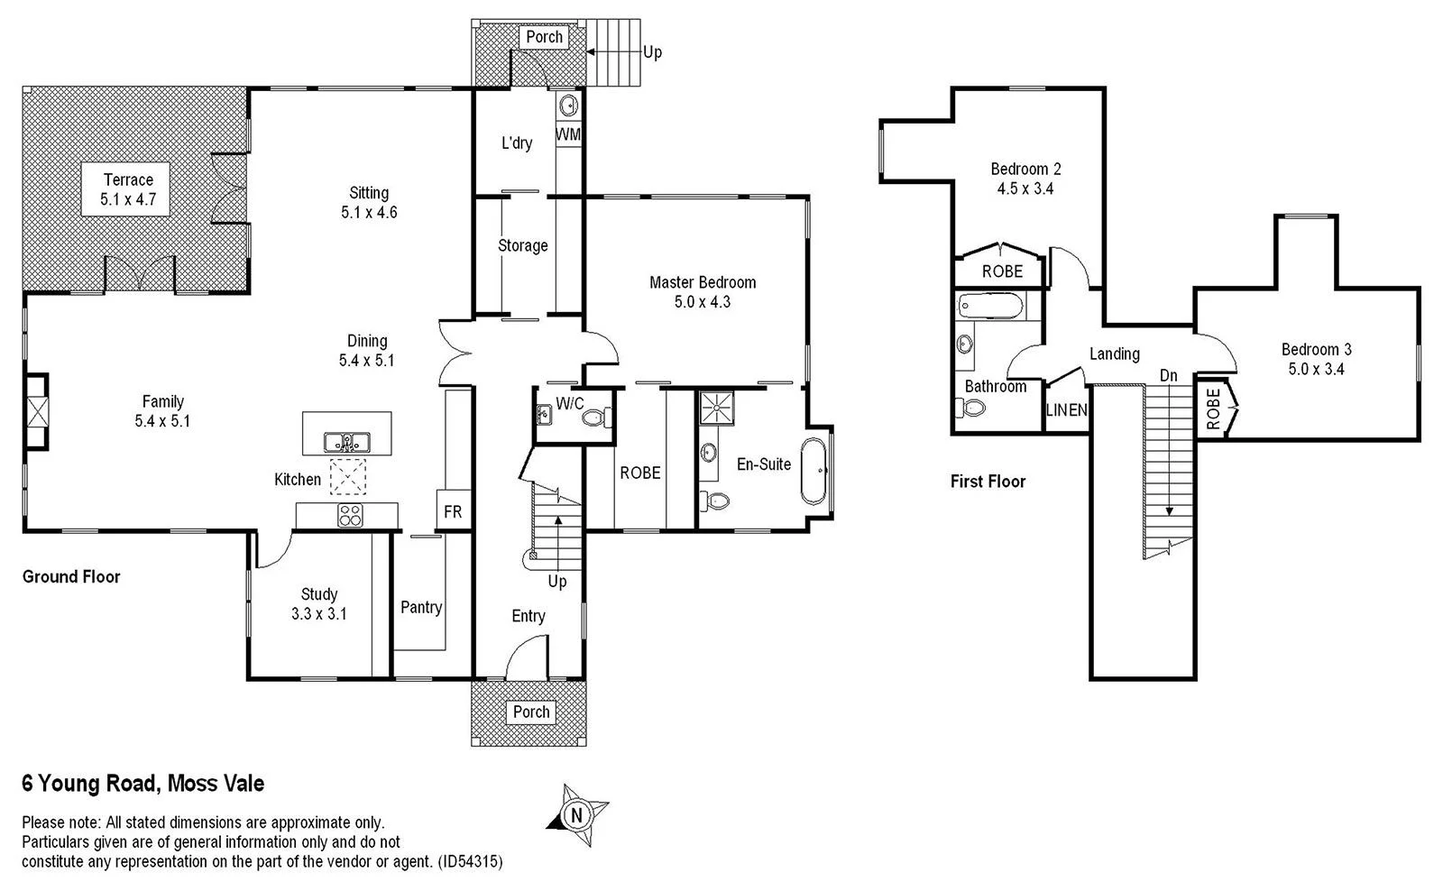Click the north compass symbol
pos(576,815)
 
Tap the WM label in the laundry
pos(568,134)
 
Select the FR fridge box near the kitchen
pos(453,511)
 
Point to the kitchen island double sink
pos(346,442)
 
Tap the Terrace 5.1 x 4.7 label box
pos(129,189)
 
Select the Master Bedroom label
pos(703,291)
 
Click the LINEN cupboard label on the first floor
pos(1066,410)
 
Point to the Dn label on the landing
pos(1168,375)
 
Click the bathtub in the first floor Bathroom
pos(990,307)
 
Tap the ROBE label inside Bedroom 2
pos(1002,271)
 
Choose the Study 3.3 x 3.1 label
pos(319,603)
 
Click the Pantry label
pos(421,607)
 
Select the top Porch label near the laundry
pos(544,37)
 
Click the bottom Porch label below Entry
pos(531,712)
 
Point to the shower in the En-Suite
pos(717,406)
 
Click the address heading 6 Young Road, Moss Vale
pos(143,783)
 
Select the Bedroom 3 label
pos(1316,358)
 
